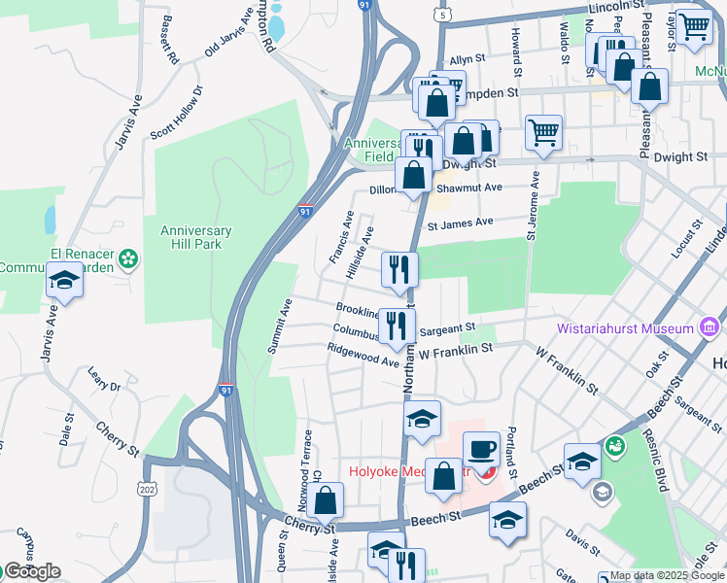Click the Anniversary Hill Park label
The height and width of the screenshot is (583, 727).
tap(196, 237)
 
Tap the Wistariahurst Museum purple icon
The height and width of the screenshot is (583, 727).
tap(710, 327)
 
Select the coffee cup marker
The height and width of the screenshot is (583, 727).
tap(481, 451)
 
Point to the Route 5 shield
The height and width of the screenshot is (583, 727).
tap(445, 16)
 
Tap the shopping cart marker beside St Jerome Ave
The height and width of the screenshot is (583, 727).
tap(543, 133)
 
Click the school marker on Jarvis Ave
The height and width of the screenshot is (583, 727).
tap(65, 281)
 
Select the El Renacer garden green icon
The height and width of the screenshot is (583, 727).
tap(128, 259)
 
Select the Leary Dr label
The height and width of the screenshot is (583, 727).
tap(103, 380)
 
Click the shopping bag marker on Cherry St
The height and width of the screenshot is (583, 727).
tap(328, 501)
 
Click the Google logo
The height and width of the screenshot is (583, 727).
tap(31, 571)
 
